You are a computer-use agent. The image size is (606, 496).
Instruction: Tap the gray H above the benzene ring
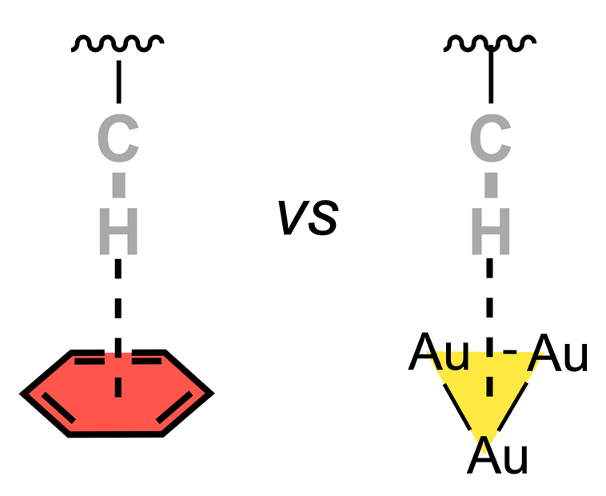118,233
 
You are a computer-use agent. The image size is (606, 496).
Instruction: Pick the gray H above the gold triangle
490,233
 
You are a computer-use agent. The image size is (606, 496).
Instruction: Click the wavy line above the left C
118,42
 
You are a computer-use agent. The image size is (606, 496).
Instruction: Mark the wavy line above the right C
489,42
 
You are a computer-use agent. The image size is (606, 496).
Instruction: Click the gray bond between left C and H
118,186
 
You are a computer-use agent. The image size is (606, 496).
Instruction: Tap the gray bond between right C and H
490,186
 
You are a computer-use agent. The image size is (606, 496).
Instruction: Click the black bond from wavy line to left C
118,80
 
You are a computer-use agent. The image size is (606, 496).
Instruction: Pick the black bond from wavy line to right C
490,80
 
